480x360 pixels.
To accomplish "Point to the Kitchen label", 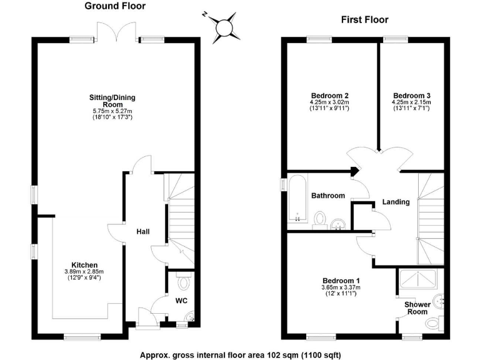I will click(x=84, y=264).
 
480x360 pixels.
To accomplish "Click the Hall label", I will click(x=143, y=232).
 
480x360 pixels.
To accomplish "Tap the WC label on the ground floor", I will click(x=181, y=301).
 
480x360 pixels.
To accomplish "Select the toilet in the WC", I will click(x=183, y=282).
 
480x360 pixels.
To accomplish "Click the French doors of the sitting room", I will click(x=116, y=31).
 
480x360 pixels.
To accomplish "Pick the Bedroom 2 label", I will click(x=329, y=95).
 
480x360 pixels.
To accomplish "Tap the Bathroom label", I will click(x=328, y=196).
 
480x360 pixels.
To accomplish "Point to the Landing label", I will click(x=396, y=202).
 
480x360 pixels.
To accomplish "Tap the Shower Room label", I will click(x=417, y=307).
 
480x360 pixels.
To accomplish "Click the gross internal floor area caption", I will click(x=241, y=353).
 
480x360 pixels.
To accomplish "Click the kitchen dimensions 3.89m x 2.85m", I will click(x=84, y=271).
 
